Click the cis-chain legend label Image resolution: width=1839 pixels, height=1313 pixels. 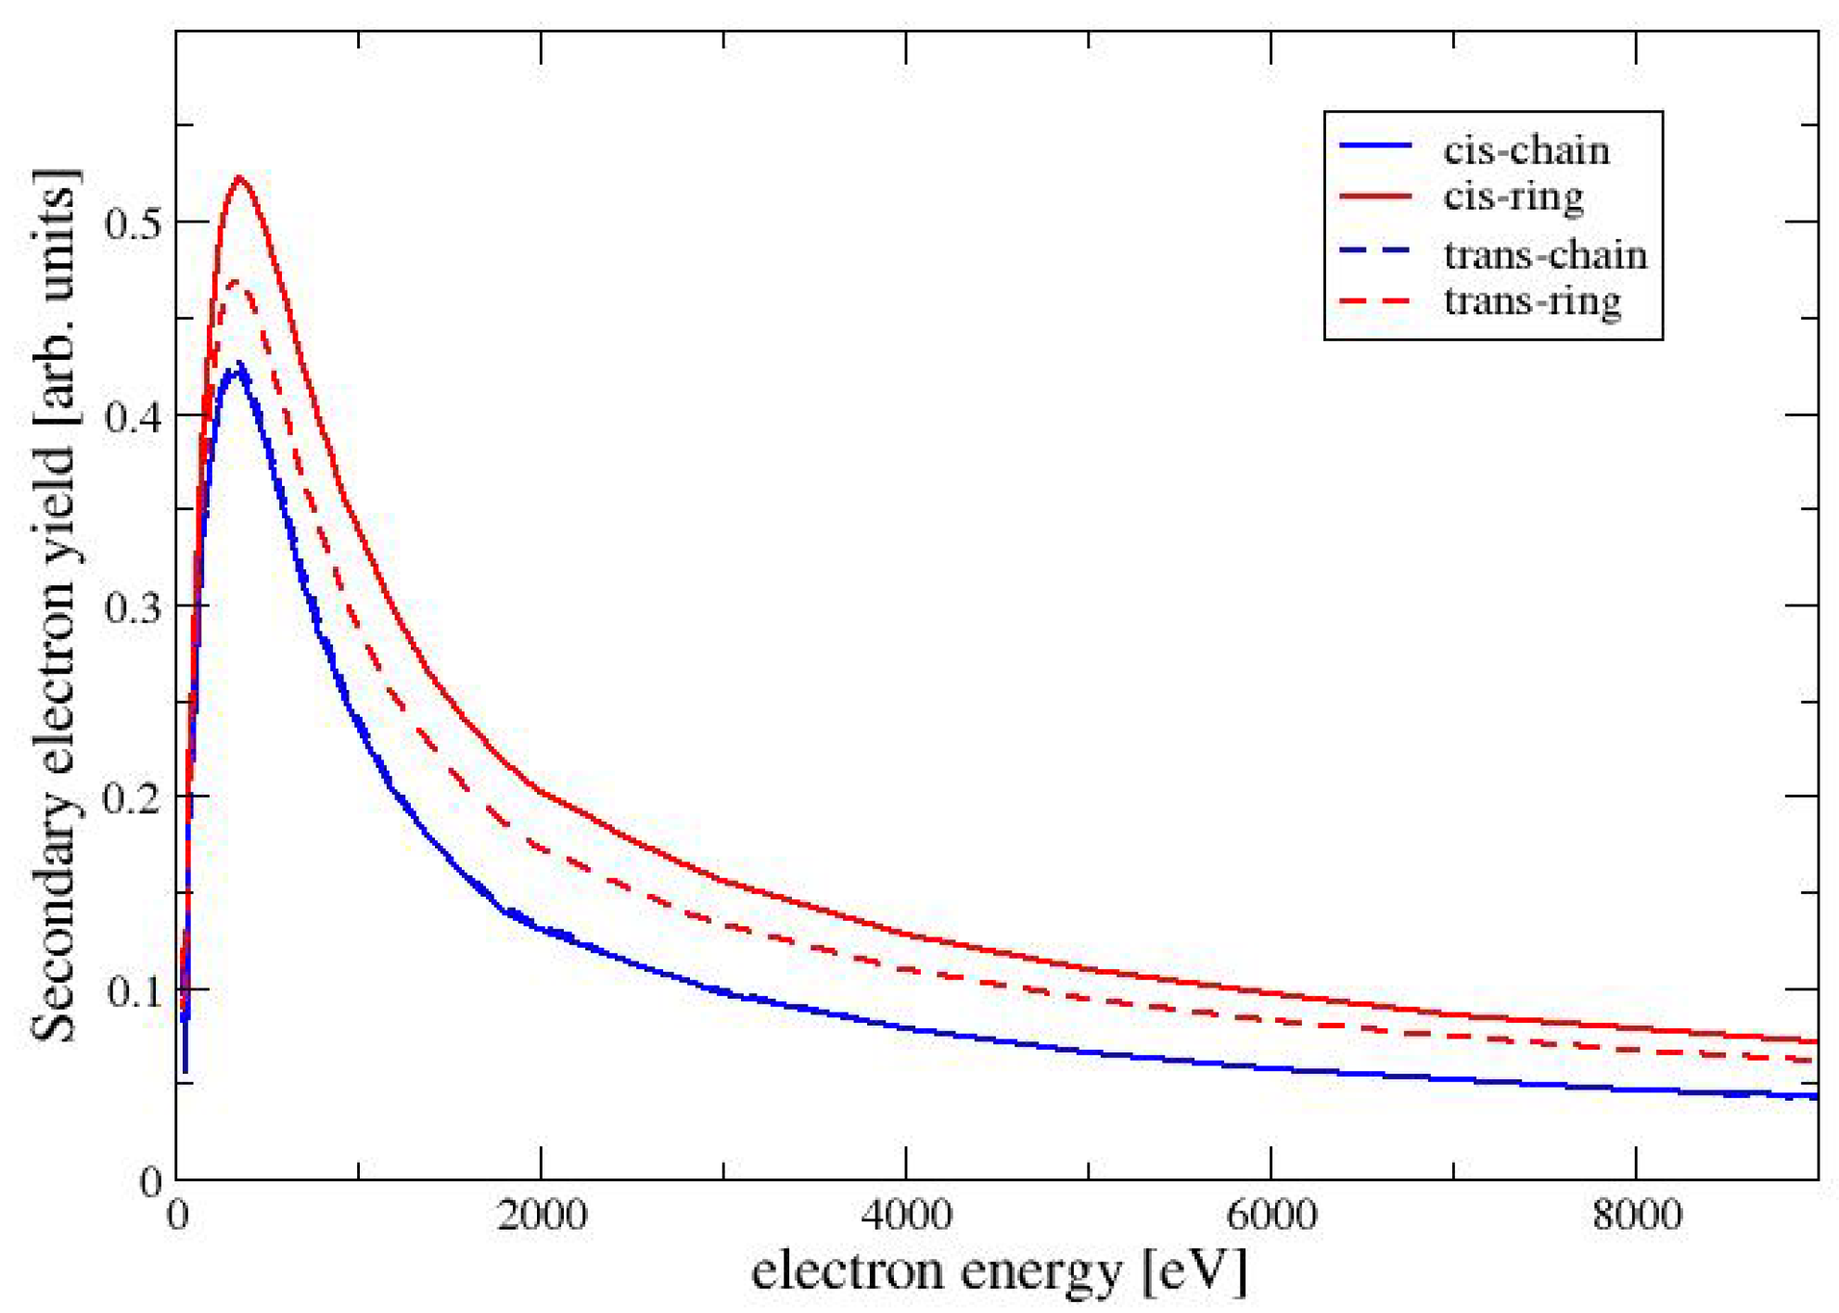click(x=1526, y=151)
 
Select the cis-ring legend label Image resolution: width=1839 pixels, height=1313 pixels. click(x=1513, y=197)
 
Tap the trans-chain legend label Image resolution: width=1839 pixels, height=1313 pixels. click(x=1545, y=255)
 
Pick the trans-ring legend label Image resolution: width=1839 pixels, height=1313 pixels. click(x=1532, y=300)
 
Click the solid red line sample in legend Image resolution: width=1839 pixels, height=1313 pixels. click(x=1375, y=197)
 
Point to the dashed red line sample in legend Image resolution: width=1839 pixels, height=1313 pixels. click(x=1375, y=301)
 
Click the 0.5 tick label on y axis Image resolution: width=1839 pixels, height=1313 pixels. click(x=134, y=223)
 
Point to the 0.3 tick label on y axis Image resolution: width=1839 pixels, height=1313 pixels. click(x=134, y=606)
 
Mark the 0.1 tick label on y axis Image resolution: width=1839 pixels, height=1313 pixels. click(x=134, y=990)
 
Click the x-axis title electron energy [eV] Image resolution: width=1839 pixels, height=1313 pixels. click(x=998, y=1271)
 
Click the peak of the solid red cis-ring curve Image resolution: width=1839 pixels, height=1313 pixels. click(x=240, y=177)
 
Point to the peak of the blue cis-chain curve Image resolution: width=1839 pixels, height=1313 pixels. click(x=238, y=367)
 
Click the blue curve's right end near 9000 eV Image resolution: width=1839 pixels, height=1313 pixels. click(x=1813, y=1096)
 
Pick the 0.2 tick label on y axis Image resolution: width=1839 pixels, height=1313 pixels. click(x=134, y=797)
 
